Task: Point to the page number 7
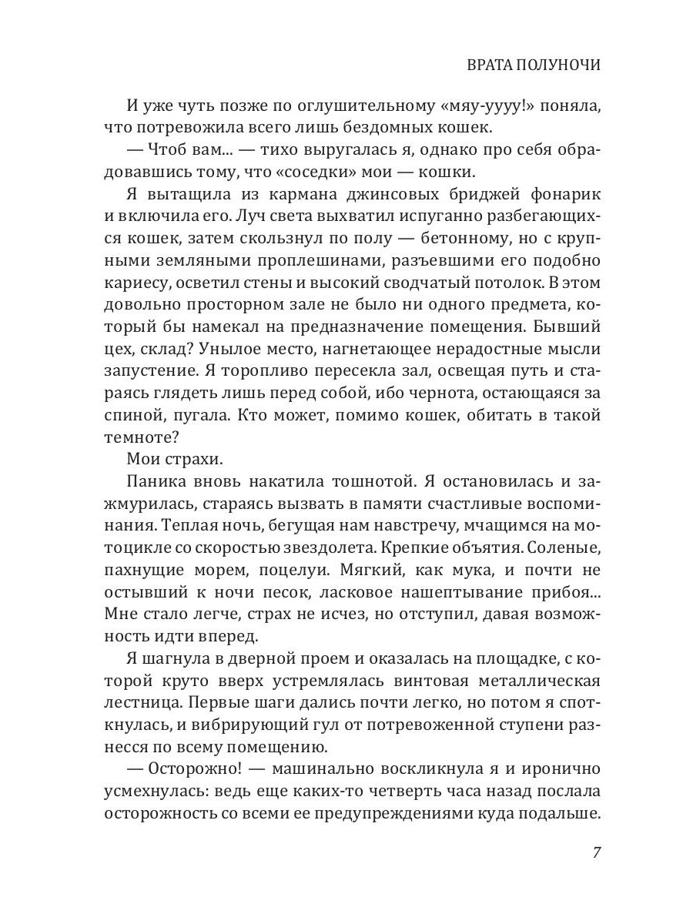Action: click(x=596, y=853)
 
